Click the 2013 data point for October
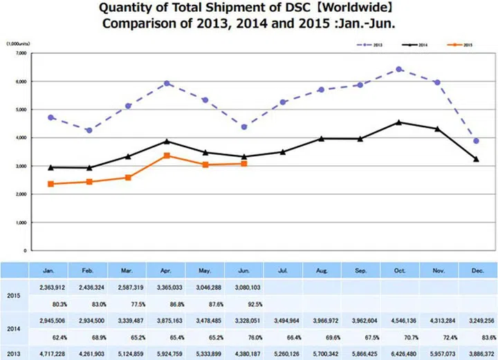click(398, 69)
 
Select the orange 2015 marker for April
click(167, 155)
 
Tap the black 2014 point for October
click(398, 122)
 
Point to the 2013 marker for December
click(476, 141)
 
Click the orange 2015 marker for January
click(50, 184)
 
